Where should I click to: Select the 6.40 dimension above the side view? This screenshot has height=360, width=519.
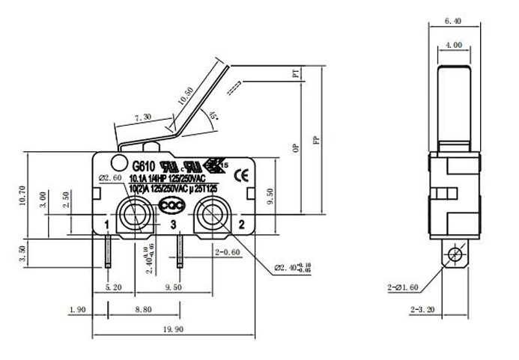coord(452,22)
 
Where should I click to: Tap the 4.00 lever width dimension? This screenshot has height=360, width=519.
coord(452,46)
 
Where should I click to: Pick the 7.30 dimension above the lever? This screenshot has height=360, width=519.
coord(142,118)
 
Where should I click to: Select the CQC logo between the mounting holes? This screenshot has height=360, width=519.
coord(173,201)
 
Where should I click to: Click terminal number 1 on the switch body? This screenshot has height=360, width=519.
coord(108,225)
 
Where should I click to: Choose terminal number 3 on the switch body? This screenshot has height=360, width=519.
coord(173,225)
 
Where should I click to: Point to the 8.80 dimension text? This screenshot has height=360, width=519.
coord(143,308)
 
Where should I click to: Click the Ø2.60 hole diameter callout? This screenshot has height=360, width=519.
coord(111,177)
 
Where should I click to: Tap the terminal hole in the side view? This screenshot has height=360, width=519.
coord(452,256)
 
